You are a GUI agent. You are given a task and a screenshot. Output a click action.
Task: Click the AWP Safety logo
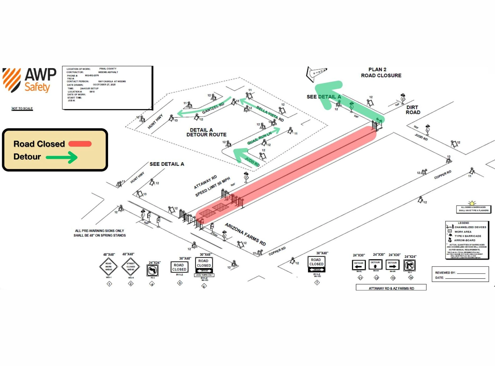[x=29, y=80]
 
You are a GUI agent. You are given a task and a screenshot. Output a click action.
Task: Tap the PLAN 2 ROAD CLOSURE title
[x=381, y=72]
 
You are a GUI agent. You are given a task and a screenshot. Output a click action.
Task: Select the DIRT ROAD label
[x=413, y=110]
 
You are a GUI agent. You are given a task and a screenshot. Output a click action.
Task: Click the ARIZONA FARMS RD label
[x=245, y=234]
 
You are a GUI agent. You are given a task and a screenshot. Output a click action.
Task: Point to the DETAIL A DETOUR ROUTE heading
[x=206, y=132]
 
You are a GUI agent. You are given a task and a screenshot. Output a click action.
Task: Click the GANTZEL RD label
[x=213, y=108]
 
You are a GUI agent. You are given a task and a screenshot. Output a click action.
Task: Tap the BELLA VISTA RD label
[x=270, y=113]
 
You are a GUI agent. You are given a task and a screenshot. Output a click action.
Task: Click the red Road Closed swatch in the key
[x=80, y=144]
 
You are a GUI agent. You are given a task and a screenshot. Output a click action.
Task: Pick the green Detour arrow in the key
[x=62, y=157]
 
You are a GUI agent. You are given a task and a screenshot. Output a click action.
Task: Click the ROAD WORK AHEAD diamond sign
[x=109, y=266]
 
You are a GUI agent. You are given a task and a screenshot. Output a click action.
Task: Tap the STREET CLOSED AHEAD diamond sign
[x=131, y=266]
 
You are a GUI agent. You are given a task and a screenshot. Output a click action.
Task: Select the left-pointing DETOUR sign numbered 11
[x=359, y=265]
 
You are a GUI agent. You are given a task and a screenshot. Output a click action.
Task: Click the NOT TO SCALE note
[x=22, y=108]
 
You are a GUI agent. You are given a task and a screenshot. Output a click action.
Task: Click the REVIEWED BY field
[x=460, y=273]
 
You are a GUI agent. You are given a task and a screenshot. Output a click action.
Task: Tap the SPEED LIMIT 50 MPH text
[x=212, y=187]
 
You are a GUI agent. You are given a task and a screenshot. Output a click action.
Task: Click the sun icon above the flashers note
[x=472, y=203]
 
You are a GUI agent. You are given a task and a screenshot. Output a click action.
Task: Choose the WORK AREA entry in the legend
[x=463, y=232]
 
